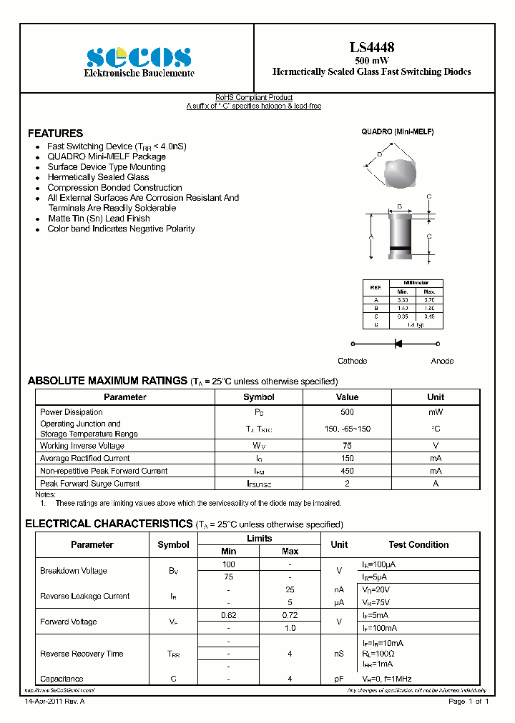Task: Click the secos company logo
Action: [139, 57]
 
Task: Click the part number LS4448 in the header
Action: [371, 48]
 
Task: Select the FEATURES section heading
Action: [55, 134]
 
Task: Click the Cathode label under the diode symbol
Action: [352, 361]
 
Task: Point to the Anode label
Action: [442, 361]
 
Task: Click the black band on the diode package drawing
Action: [400, 249]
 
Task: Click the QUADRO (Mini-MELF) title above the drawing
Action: [397, 132]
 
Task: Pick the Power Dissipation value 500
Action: [347, 412]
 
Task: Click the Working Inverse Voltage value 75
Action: [347, 446]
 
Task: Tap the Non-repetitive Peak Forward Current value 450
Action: [347, 471]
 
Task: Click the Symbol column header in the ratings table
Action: [258, 397]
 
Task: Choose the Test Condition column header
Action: [418, 544]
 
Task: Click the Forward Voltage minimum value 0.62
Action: [228, 615]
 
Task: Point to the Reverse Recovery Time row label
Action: [82, 654]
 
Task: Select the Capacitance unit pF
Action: [339, 679]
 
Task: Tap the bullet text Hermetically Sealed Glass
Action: [98, 177]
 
